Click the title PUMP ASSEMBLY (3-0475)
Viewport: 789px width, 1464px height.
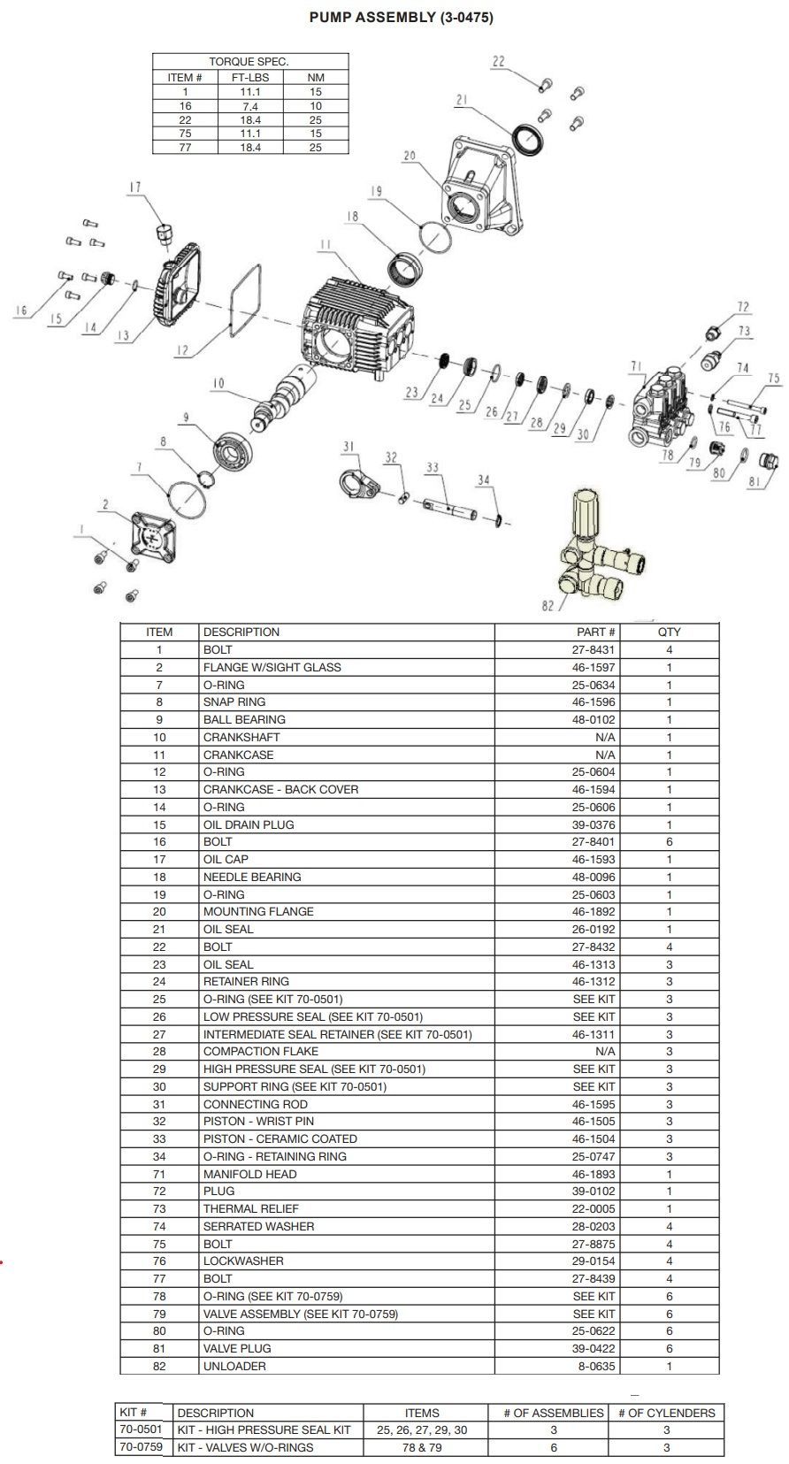[x=401, y=17]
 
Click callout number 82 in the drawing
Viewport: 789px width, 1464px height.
[x=547, y=606]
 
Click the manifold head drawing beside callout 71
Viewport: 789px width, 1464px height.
[x=660, y=407]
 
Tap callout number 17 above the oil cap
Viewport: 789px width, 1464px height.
[x=134, y=187]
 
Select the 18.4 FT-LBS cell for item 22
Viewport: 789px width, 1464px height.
[x=250, y=119]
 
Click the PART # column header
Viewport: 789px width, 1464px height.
[x=595, y=632]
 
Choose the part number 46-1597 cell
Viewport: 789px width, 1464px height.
[x=593, y=668]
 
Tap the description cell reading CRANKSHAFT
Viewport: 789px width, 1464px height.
[x=241, y=738]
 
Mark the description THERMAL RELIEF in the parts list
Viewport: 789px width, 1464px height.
[x=251, y=1209]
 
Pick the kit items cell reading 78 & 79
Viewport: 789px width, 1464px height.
[x=422, y=1447]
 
